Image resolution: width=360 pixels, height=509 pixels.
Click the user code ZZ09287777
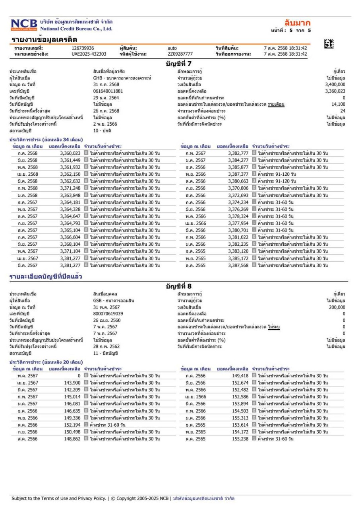180,54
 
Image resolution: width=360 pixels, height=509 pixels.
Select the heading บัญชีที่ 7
179,64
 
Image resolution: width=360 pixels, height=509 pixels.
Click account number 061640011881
105,91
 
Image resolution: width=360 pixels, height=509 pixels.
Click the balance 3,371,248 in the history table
70,188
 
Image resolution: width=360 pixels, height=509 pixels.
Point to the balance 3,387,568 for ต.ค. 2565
238,266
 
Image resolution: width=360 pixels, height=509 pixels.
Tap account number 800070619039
105,314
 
